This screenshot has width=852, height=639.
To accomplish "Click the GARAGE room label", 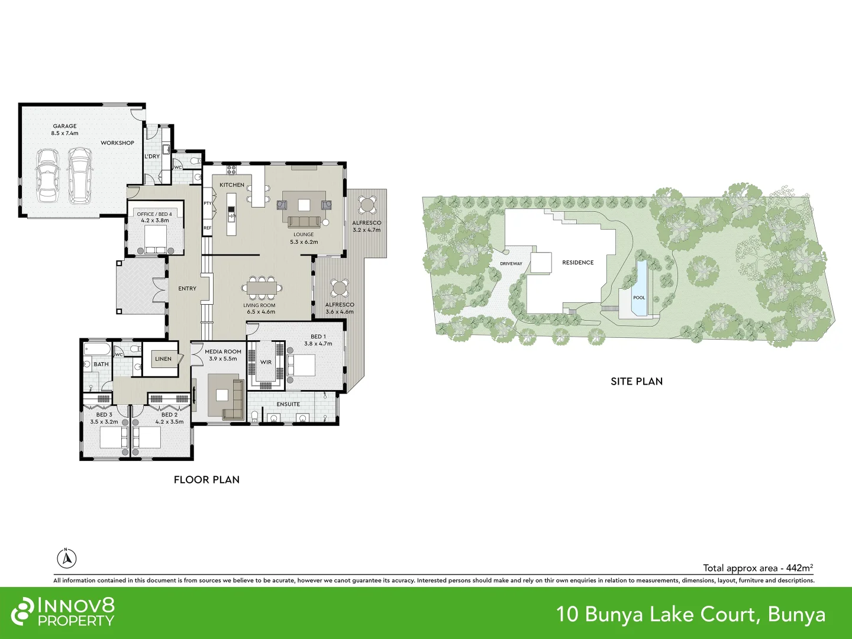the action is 65,126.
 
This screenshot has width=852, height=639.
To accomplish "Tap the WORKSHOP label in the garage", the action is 117,143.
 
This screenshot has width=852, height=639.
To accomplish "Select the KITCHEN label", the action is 232,185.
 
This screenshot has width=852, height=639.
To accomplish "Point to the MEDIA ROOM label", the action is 223,351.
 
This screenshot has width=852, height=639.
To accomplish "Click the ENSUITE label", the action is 288,404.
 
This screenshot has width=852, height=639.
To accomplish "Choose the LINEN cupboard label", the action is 163,359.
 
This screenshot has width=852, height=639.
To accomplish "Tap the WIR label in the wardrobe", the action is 266,362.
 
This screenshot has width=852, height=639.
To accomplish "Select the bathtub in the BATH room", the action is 97,349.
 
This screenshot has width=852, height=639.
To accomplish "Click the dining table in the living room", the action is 262,288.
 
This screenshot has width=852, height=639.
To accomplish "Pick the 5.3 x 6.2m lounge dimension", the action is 304,242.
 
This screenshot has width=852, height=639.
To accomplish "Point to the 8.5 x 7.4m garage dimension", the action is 65,133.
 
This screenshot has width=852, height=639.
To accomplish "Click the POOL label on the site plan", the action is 639,298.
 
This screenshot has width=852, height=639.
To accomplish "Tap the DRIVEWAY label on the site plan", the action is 511,263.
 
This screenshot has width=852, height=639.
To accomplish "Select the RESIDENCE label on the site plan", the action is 578,262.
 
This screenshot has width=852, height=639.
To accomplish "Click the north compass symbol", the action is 67,559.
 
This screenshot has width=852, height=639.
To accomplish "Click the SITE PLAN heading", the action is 637,382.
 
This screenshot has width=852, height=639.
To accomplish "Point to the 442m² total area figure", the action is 799,567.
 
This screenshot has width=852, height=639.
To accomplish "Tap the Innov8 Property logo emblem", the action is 22,611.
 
